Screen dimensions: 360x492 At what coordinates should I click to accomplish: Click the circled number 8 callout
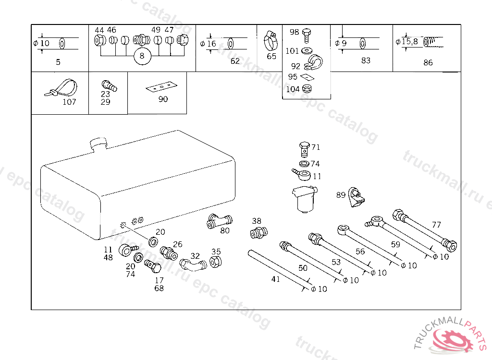tap(142, 56)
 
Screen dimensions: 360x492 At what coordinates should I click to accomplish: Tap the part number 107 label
tap(69, 102)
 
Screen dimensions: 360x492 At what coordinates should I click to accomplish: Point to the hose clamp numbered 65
tap(271, 42)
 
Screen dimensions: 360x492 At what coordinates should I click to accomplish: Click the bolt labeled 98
tap(307, 34)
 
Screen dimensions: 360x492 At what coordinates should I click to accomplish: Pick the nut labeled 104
tap(308, 88)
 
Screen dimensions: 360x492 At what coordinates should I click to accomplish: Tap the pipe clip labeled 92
tap(312, 62)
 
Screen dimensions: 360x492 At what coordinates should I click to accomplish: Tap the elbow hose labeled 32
tap(192, 264)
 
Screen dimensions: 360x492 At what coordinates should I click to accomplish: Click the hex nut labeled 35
tap(216, 262)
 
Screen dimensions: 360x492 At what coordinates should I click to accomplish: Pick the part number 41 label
tap(275, 279)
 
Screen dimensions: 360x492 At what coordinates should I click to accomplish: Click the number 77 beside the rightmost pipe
tap(436, 224)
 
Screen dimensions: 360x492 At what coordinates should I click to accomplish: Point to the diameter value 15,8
tap(409, 42)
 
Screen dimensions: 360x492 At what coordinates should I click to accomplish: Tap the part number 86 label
tap(428, 62)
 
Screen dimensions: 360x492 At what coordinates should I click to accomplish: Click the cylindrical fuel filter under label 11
tap(303, 199)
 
